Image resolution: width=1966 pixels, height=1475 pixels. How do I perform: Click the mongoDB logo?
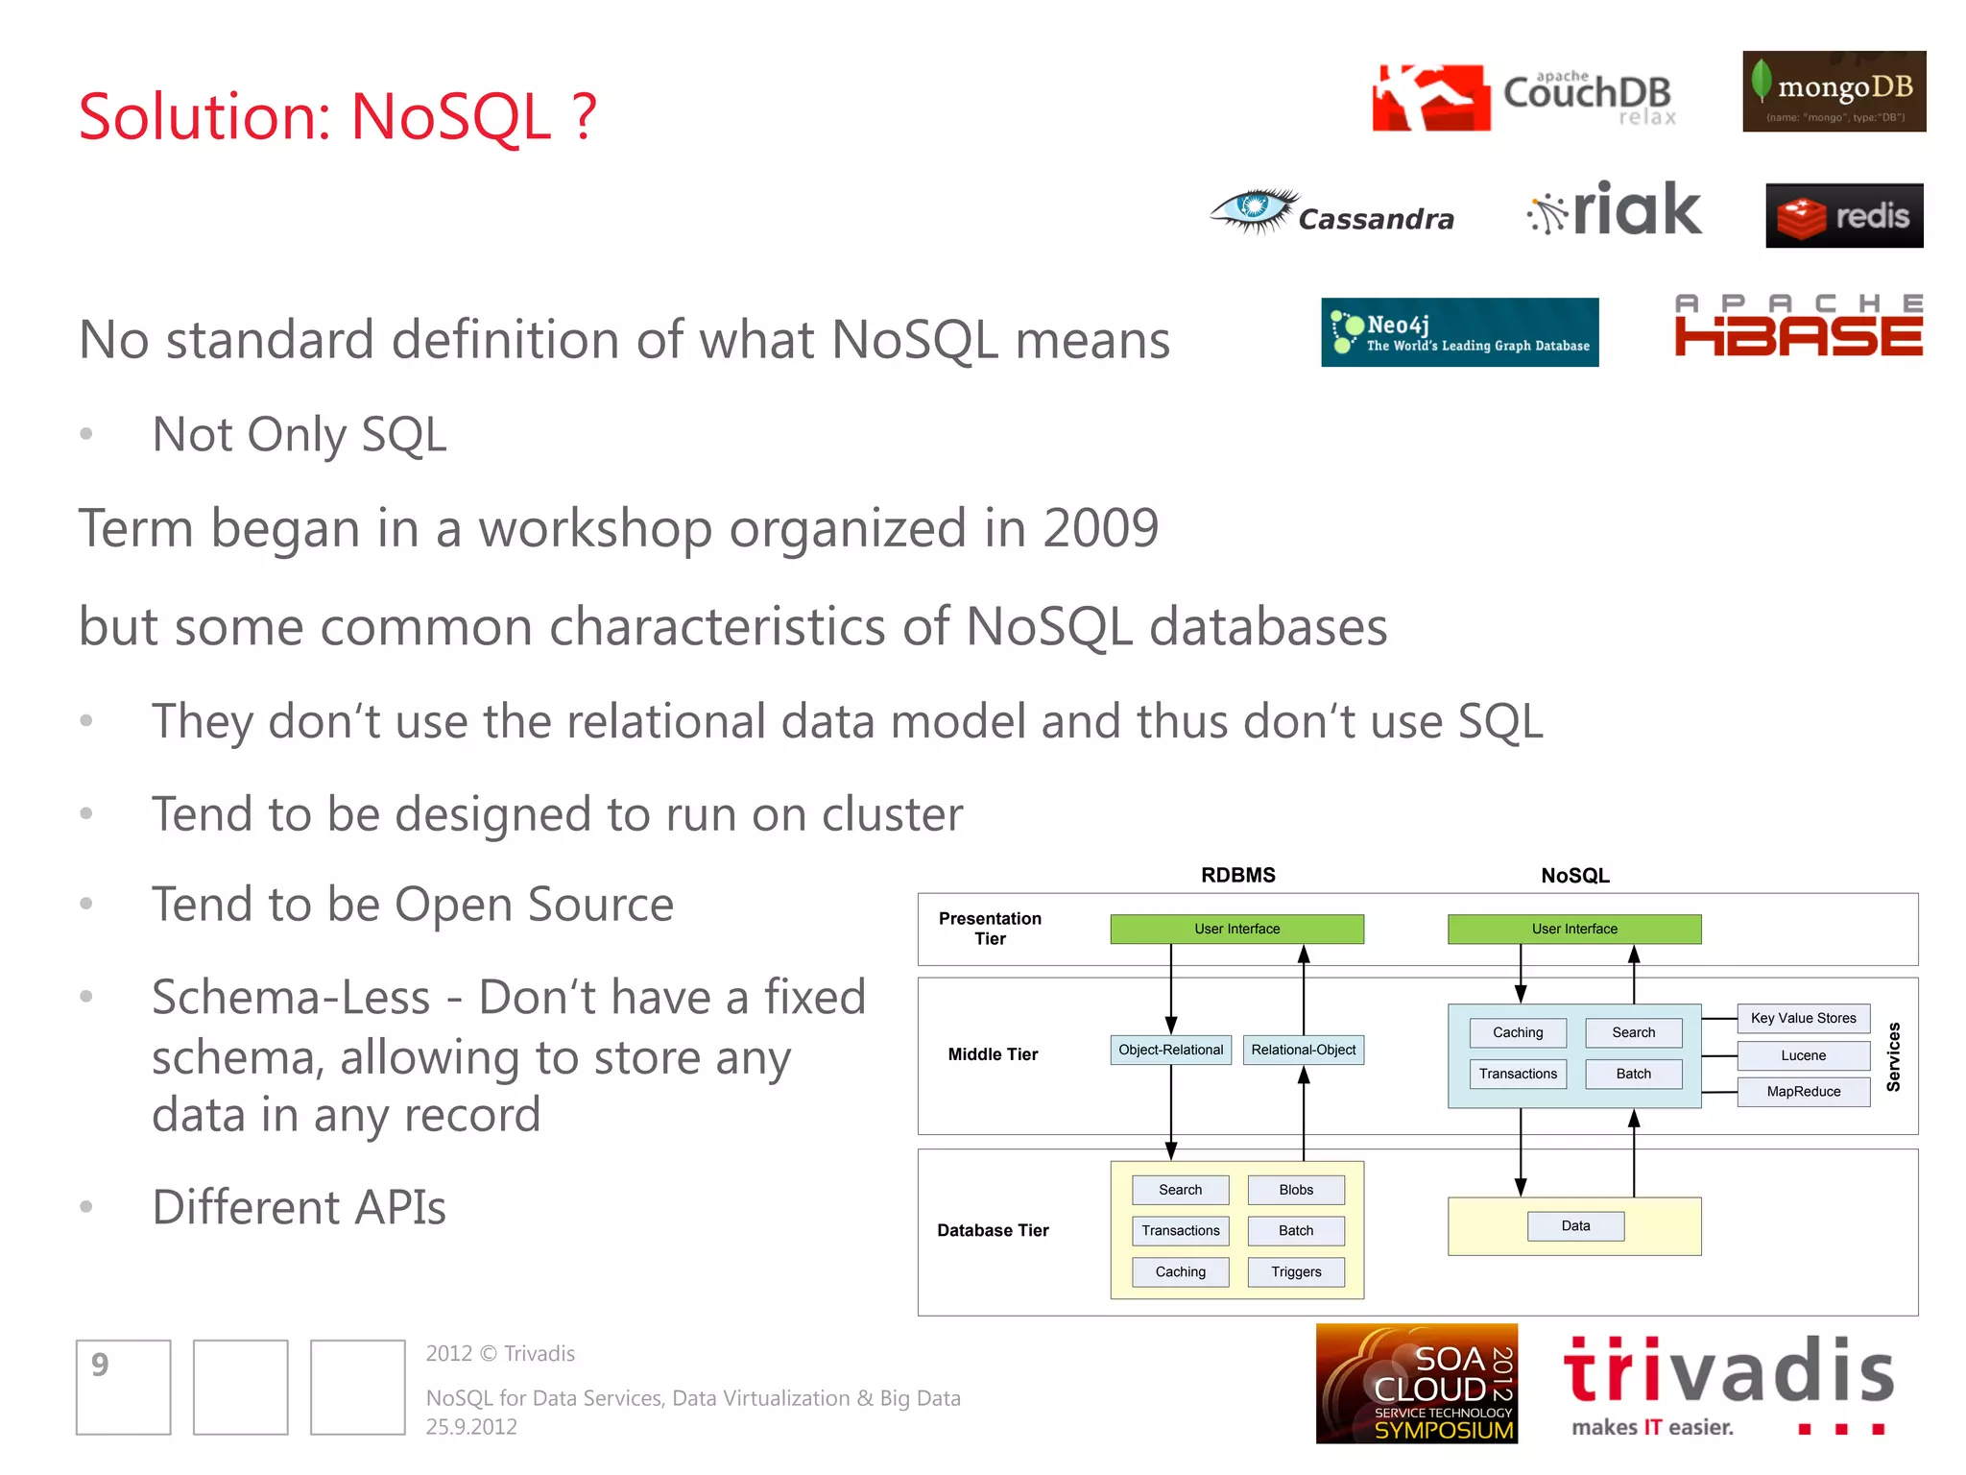pos(1834,91)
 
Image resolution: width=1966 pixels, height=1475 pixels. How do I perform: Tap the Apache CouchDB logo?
pos(1524,97)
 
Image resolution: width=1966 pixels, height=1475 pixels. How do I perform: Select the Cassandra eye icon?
pos(1253,209)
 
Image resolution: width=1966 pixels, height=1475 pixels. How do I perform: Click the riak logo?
pos(1615,210)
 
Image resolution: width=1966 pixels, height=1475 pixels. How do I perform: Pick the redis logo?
pos(1843,216)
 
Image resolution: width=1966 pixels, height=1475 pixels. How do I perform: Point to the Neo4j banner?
pos(1459,332)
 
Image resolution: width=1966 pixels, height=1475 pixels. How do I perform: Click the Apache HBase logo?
pos(1798,326)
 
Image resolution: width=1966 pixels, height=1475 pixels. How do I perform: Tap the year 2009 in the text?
pos(1100,528)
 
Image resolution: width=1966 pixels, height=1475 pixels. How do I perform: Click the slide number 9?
pos(101,1365)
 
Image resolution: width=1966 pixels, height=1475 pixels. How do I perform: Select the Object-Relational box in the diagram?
pos(1170,1050)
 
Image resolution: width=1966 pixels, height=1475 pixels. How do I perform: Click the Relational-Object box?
pos(1303,1050)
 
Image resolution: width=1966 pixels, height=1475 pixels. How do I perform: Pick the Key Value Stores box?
pos(1803,1018)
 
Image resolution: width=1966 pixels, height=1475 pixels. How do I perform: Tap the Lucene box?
pos(1803,1055)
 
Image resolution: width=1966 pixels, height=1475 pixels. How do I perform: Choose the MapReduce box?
pos(1803,1092)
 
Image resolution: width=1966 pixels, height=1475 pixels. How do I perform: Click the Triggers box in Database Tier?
pos(1295,1271)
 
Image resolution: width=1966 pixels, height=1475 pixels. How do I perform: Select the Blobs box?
pos(1295,1190)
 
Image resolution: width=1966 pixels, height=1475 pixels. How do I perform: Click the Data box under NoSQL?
pos(1575,1226)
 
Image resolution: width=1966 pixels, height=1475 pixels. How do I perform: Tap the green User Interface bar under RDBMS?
pos(1236,929)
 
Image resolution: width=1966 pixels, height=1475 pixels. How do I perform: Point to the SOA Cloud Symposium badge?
pos(1416,1384)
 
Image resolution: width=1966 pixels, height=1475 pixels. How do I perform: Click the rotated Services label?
pos(1893,1056)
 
